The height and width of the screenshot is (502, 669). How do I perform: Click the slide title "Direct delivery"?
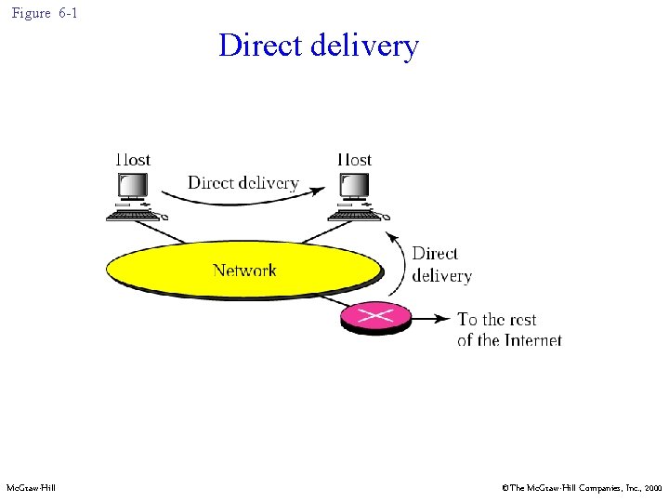coord(319,46)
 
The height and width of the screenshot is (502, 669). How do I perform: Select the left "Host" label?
coord(132,160)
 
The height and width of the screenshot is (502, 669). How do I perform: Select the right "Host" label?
coord(354,160)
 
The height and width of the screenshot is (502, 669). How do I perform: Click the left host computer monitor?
coord(132,186)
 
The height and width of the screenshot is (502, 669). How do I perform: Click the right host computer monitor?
coord(354,186)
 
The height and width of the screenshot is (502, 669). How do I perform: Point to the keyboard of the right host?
coord(358,215)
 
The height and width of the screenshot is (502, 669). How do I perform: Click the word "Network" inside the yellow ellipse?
coord(244,271)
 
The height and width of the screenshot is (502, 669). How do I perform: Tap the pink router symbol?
coord(375,318)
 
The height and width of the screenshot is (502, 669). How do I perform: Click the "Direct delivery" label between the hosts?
coord(243,182)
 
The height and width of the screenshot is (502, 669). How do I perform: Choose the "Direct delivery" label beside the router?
coord(441,264)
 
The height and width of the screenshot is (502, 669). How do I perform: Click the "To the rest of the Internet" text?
coord(509,330)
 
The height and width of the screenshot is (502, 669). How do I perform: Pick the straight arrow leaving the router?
coord(429,319)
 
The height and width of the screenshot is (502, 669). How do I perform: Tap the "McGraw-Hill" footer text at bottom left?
coord(31,488)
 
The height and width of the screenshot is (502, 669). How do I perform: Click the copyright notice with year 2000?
coord(581,488)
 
